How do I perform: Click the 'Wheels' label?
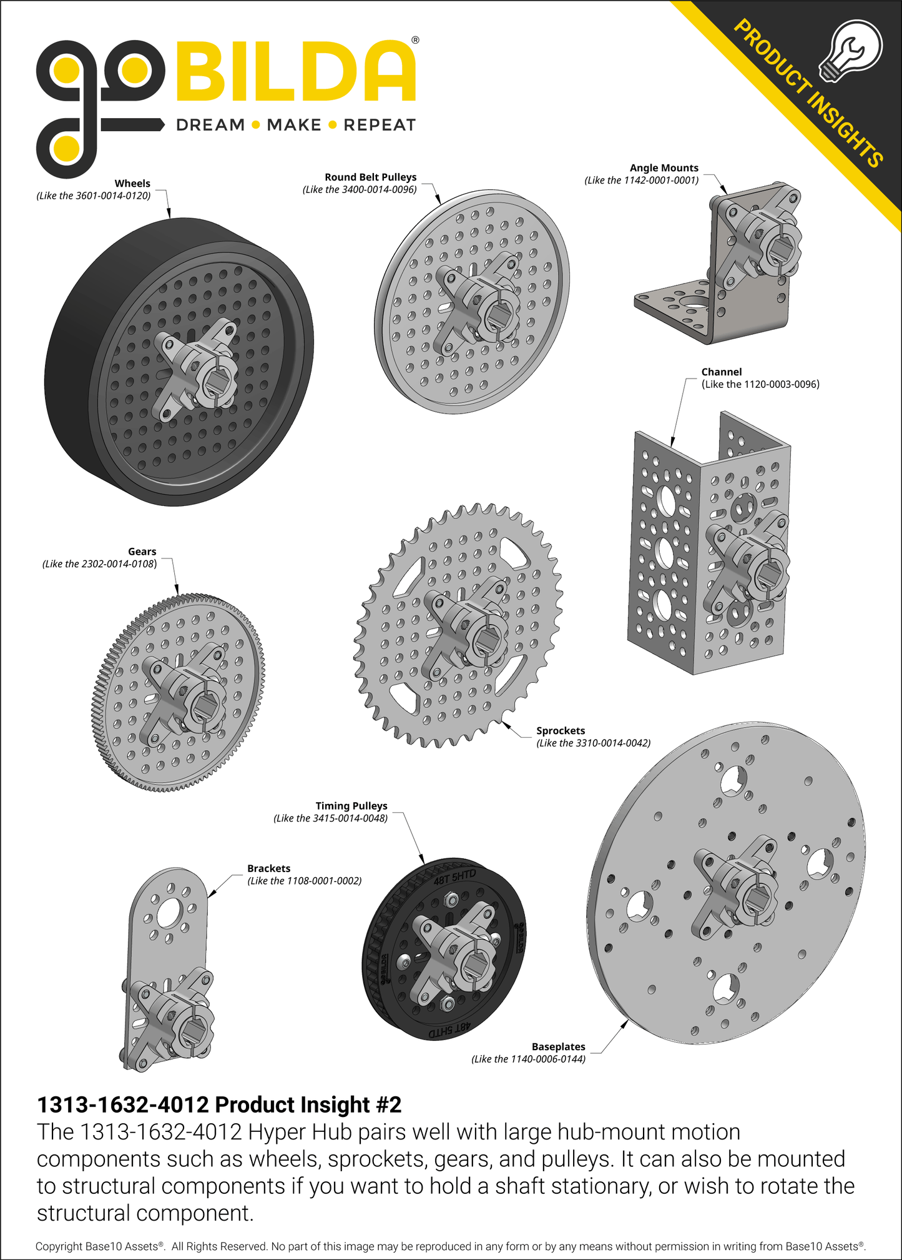coord(132,184)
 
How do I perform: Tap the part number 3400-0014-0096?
coord(378,189)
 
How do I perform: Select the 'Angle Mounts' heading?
coord(664,168)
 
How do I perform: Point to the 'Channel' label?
coord(722,372)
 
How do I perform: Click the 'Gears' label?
coord(142,552)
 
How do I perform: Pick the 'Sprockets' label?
coord(561,731)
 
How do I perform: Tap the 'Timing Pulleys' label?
coord(351,806)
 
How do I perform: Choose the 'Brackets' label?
coord(268,868)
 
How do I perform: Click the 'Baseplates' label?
coord(558,1046)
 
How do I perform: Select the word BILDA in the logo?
coord(295,71)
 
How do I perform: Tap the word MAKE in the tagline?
coord(293,125)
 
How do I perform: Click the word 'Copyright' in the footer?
coord(59,1246)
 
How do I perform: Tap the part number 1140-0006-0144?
coord(548,1059)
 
